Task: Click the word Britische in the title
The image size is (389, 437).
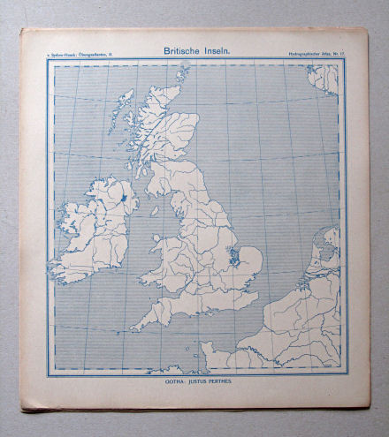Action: click(x=180, y=52)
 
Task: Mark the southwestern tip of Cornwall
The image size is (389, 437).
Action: click(x=134, y=327)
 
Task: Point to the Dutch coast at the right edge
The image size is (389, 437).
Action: click(x=318, y=265)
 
